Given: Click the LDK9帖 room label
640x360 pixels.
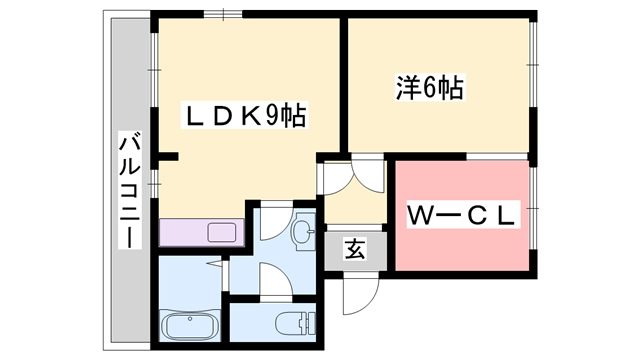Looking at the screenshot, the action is pyautogui.click(x=244, y=116).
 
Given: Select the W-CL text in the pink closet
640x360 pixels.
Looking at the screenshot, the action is pyautogui.click(x=459, y=214).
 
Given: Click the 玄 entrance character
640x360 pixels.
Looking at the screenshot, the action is pyautogui.click(x=354, y=249).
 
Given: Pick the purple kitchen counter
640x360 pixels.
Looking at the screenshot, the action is pyautogui.click(x=200, y=231).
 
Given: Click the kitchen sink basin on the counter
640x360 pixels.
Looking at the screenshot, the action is pyautogui.click(x=222, y=233).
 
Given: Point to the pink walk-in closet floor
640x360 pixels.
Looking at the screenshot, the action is pyautogui.click(x=460, y=245).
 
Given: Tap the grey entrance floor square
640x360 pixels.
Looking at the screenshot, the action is pyautogui.click(x=354, y=250).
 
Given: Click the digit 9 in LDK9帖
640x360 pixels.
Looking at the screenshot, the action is pyautogui.click(x=271, y=116).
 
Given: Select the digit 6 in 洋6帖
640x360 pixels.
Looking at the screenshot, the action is pyautogui.click(x=429, y=89).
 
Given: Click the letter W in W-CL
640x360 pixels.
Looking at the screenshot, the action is pyautogui.click(x=418, y=214).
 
